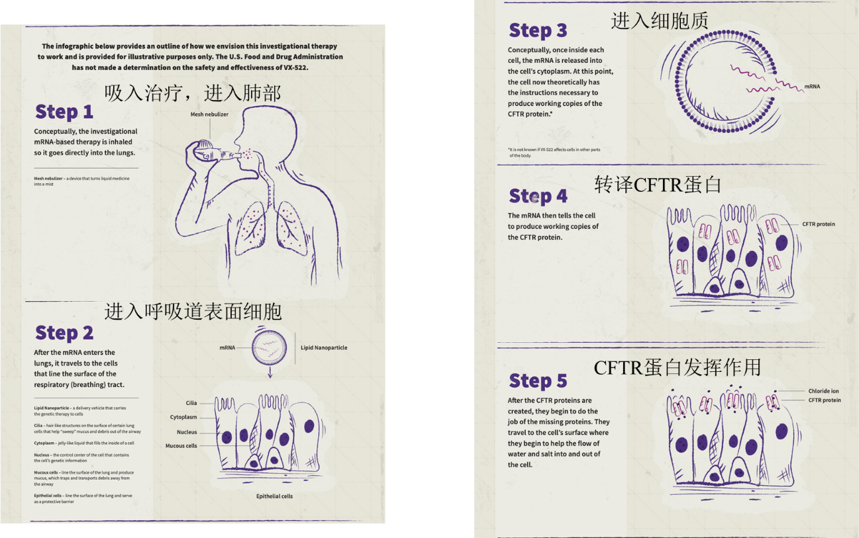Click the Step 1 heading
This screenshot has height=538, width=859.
pyautogui.click(x=64, y=112)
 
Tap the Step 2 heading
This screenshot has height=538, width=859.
pyautogui.click(x=64, y=333)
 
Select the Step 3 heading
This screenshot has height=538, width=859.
pyautogui.click(x=538, y=30)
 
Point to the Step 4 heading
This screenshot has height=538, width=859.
pyautogui.click(x=538, y=197)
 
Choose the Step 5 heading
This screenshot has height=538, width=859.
pyautogui.click(x=538, y=381)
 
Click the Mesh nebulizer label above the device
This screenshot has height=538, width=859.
pyautogui.click(x=209, y=114)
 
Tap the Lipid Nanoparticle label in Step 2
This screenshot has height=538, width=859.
pyautogui.click(x=324, y=347)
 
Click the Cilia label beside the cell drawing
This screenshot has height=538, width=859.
pyautogui.click(x=191, y=403)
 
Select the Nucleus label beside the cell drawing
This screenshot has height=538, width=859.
pyautogui.click(x=186, y=432)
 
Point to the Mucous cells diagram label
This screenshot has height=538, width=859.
pyautogui.click(x=181, y=446)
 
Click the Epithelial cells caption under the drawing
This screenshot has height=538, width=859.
pyautogui.click(x=274, y=496)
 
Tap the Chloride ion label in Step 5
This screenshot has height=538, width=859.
pyautogui.click(x=823, y=391)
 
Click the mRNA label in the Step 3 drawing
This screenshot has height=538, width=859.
pyautogui.click(x=812, y=87)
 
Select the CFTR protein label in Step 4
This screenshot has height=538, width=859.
pyautogui.click(x=819, y=224)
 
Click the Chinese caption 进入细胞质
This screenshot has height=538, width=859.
pyautogui.click(x=660, y=21)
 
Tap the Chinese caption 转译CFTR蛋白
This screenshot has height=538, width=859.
pyautogui.click(x=658, y=185)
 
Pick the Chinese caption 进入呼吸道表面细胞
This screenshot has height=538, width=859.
pyautogui.click(x=193, y=311)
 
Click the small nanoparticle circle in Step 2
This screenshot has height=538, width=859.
pyautogui.click(x=270, y=347)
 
